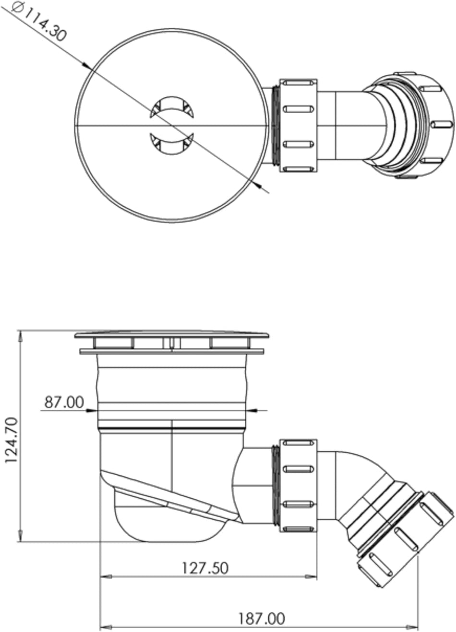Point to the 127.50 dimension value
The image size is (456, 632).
coord(204,568)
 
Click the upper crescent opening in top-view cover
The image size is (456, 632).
coord(172,107)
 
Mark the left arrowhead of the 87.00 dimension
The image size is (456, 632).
coord(91,410)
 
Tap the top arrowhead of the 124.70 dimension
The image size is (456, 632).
coord(20,336)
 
